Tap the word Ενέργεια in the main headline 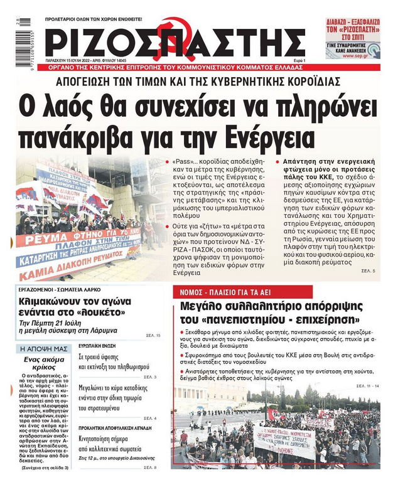(x=267, y=134)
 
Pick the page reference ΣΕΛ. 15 (x=154, y=335)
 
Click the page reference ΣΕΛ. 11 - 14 (x=367, y=385)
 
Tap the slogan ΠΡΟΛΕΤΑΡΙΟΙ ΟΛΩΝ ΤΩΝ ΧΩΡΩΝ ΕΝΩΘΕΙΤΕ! (x=94, y=20)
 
